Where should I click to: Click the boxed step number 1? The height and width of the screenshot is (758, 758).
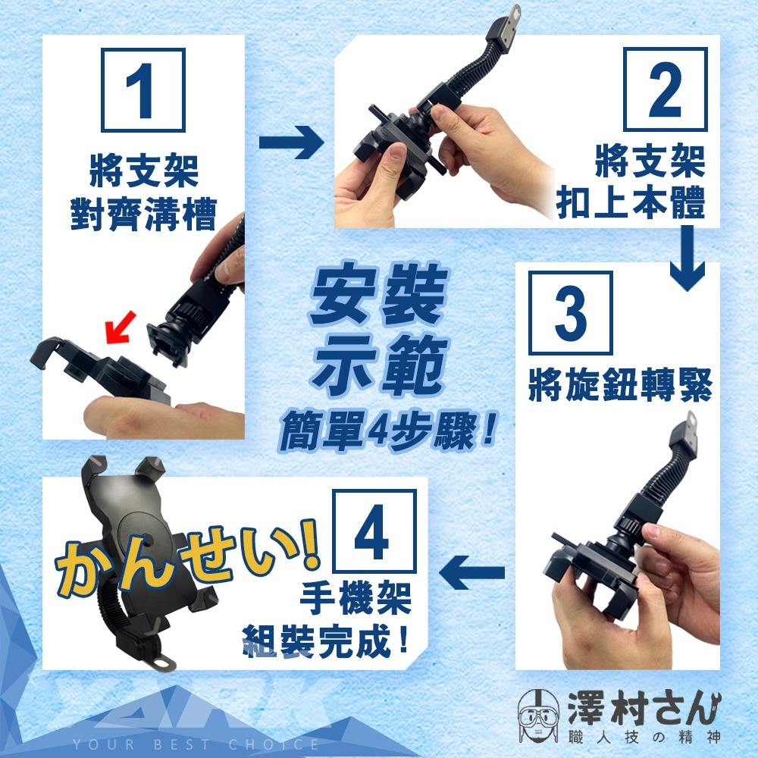coord(143,90)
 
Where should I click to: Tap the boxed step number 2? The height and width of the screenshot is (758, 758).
coord(666,89)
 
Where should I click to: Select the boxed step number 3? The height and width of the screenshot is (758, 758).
coord(571,313)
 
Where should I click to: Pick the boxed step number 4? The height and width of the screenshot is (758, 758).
coord(374,531)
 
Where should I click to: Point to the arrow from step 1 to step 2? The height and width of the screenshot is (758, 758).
coord(291,143)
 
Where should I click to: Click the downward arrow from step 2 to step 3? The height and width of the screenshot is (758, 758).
coord(687,258)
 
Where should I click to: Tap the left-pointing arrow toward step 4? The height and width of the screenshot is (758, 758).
coord(471,573)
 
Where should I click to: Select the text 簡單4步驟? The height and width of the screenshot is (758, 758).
coord(387,431)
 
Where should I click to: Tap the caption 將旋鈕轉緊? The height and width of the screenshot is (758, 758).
coord(621,385)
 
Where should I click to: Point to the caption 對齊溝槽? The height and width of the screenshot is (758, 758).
coord(143,214)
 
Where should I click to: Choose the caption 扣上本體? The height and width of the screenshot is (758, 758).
coord(631,202)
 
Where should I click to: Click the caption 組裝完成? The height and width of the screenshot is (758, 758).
coord(326,641)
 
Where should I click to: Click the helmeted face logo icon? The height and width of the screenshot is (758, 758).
coord(538,717)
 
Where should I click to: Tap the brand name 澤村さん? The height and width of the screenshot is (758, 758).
coord(644,708)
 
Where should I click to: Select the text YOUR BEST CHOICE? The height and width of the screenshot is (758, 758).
coord(196,744)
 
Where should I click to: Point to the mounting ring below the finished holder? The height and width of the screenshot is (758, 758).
coord(164,661)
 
